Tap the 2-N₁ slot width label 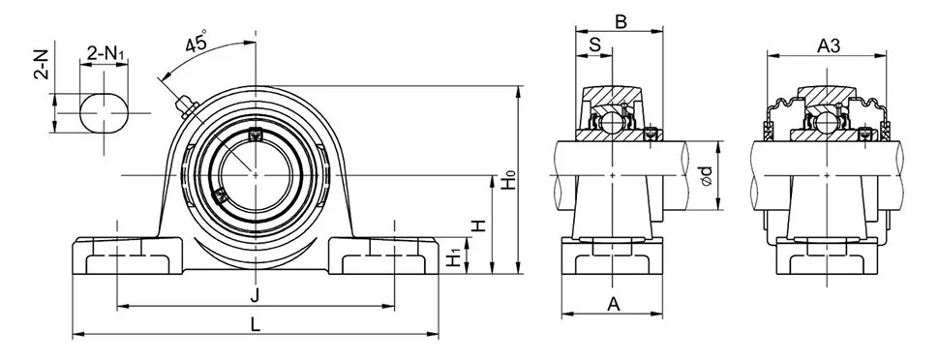106,54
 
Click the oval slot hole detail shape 104,112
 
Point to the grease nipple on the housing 186,107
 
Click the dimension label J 256,295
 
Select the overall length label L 256,324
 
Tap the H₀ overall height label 508,180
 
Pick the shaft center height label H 478,225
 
